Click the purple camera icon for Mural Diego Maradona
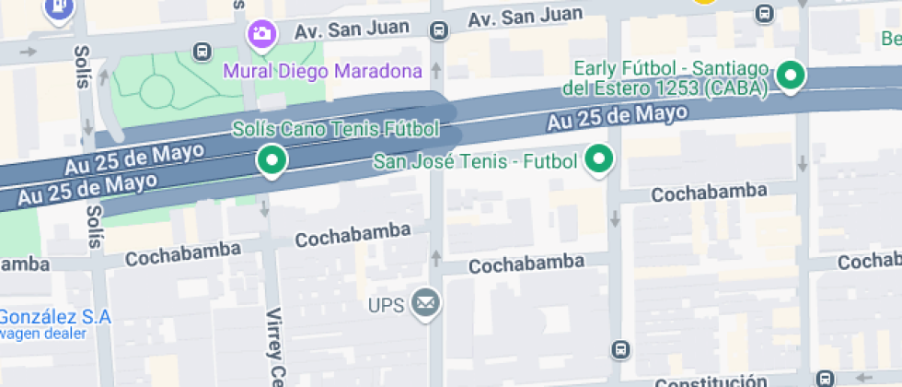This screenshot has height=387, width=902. coord(261,35)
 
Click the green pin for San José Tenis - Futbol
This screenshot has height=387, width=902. coord(600,159)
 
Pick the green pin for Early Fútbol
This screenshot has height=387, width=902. coord(790,75)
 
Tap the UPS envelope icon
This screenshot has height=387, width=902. coord(425,302)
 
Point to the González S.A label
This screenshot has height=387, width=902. coord(55,317)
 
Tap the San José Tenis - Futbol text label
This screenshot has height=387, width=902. coord(474,162)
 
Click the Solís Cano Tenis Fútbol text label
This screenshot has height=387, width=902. coord(335,129)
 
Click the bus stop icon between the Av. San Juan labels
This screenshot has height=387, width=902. coord(439,31)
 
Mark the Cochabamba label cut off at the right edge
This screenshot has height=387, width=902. coord(869,263)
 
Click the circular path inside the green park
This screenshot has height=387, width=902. coord(156,89)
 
